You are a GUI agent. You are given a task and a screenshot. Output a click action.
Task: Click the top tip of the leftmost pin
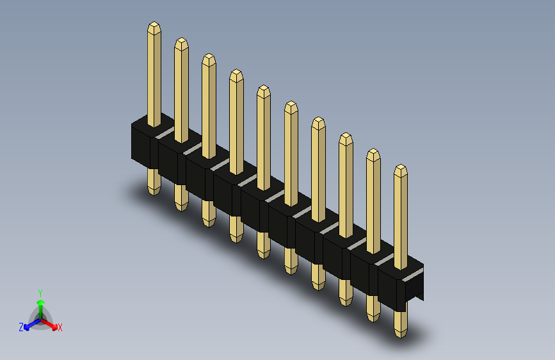pyautogui.click(x=154, y=22)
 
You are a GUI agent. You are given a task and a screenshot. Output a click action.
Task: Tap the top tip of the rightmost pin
pyautogui.click(x=401, y=165)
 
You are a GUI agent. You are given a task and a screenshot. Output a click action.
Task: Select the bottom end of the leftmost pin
pyautogui.click(x=154, y=195)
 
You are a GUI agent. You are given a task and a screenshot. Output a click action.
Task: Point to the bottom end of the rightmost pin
pyautogui.click(x=401, y=338)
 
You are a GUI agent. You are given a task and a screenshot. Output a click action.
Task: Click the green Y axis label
pyautogui.click(x=40, y=293)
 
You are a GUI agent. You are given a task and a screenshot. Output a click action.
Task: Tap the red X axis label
pyautogui.click(x=60, y=327)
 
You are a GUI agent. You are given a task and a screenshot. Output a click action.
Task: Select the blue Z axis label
pyautogui.click(x=21, y=327)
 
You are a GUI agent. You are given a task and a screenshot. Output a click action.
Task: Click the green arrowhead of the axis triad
pyautogui.click(x=41, y=303)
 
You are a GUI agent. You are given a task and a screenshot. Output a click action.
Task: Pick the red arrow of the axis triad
pyautogui.click(x=49, y=324)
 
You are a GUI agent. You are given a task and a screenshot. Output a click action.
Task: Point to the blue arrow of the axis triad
pyautogui.click(x=33, y=324)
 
